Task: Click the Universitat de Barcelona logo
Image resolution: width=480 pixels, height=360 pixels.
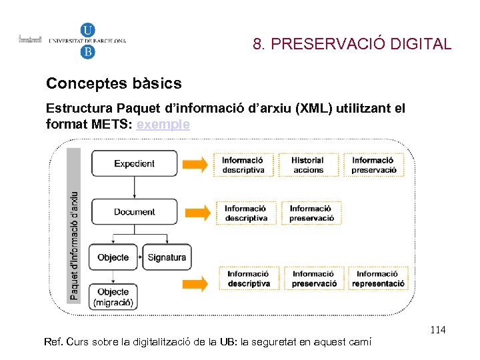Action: [87, 41]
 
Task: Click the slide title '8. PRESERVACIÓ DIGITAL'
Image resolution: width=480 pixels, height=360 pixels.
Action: [352, 45]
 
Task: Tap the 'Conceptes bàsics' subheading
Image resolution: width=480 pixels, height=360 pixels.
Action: [113, 83]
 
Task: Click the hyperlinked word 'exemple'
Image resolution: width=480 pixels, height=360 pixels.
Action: [163, 124]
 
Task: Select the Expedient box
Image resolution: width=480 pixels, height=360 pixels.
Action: [134, 163]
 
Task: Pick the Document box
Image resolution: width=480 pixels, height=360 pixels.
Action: [134, 211]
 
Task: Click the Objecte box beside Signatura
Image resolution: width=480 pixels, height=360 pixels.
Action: [113, 257]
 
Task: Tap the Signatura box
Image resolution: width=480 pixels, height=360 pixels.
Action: [167, 257]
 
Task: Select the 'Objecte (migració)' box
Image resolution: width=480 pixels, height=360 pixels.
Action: [113, 297]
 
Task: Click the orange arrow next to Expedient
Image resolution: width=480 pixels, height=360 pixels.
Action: [195, 164]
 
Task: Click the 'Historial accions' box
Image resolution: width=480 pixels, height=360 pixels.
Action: [307, 165]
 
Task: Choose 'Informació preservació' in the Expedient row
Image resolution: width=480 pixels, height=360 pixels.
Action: [374, 165]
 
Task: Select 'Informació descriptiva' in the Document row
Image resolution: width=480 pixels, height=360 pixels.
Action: [246, 213]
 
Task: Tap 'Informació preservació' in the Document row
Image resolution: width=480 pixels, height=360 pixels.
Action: [311, 213]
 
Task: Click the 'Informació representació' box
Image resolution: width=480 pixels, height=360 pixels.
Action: [379, 278]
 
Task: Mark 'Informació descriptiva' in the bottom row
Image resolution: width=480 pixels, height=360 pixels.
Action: [249, 278]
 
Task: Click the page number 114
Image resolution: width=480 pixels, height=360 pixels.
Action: [438, 330]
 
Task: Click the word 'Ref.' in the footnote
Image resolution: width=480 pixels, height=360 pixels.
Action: [52, 342]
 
